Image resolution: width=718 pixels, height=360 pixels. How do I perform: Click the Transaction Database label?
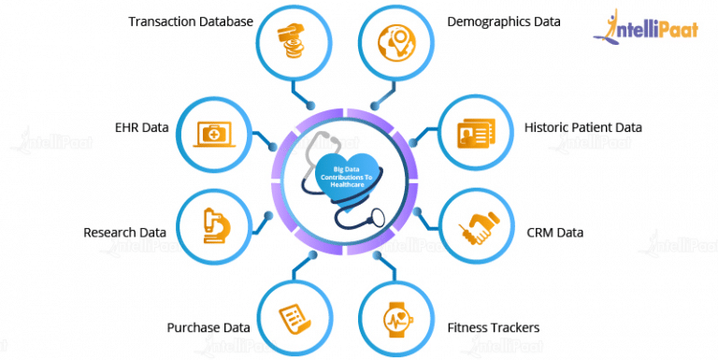tap(192, 20)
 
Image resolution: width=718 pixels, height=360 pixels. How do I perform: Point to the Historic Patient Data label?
tap(583, 127)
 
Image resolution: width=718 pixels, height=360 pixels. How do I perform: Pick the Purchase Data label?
tap(208, 328)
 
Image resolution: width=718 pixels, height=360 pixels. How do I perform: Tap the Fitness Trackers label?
tap(496, 328)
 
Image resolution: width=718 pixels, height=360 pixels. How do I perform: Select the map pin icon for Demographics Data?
tap(397, 39)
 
